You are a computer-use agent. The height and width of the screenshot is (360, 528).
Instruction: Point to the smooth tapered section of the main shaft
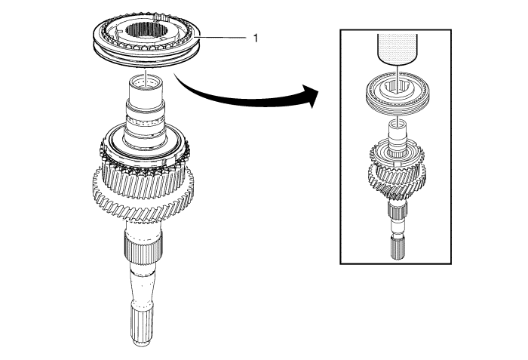[x=141, y=283]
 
